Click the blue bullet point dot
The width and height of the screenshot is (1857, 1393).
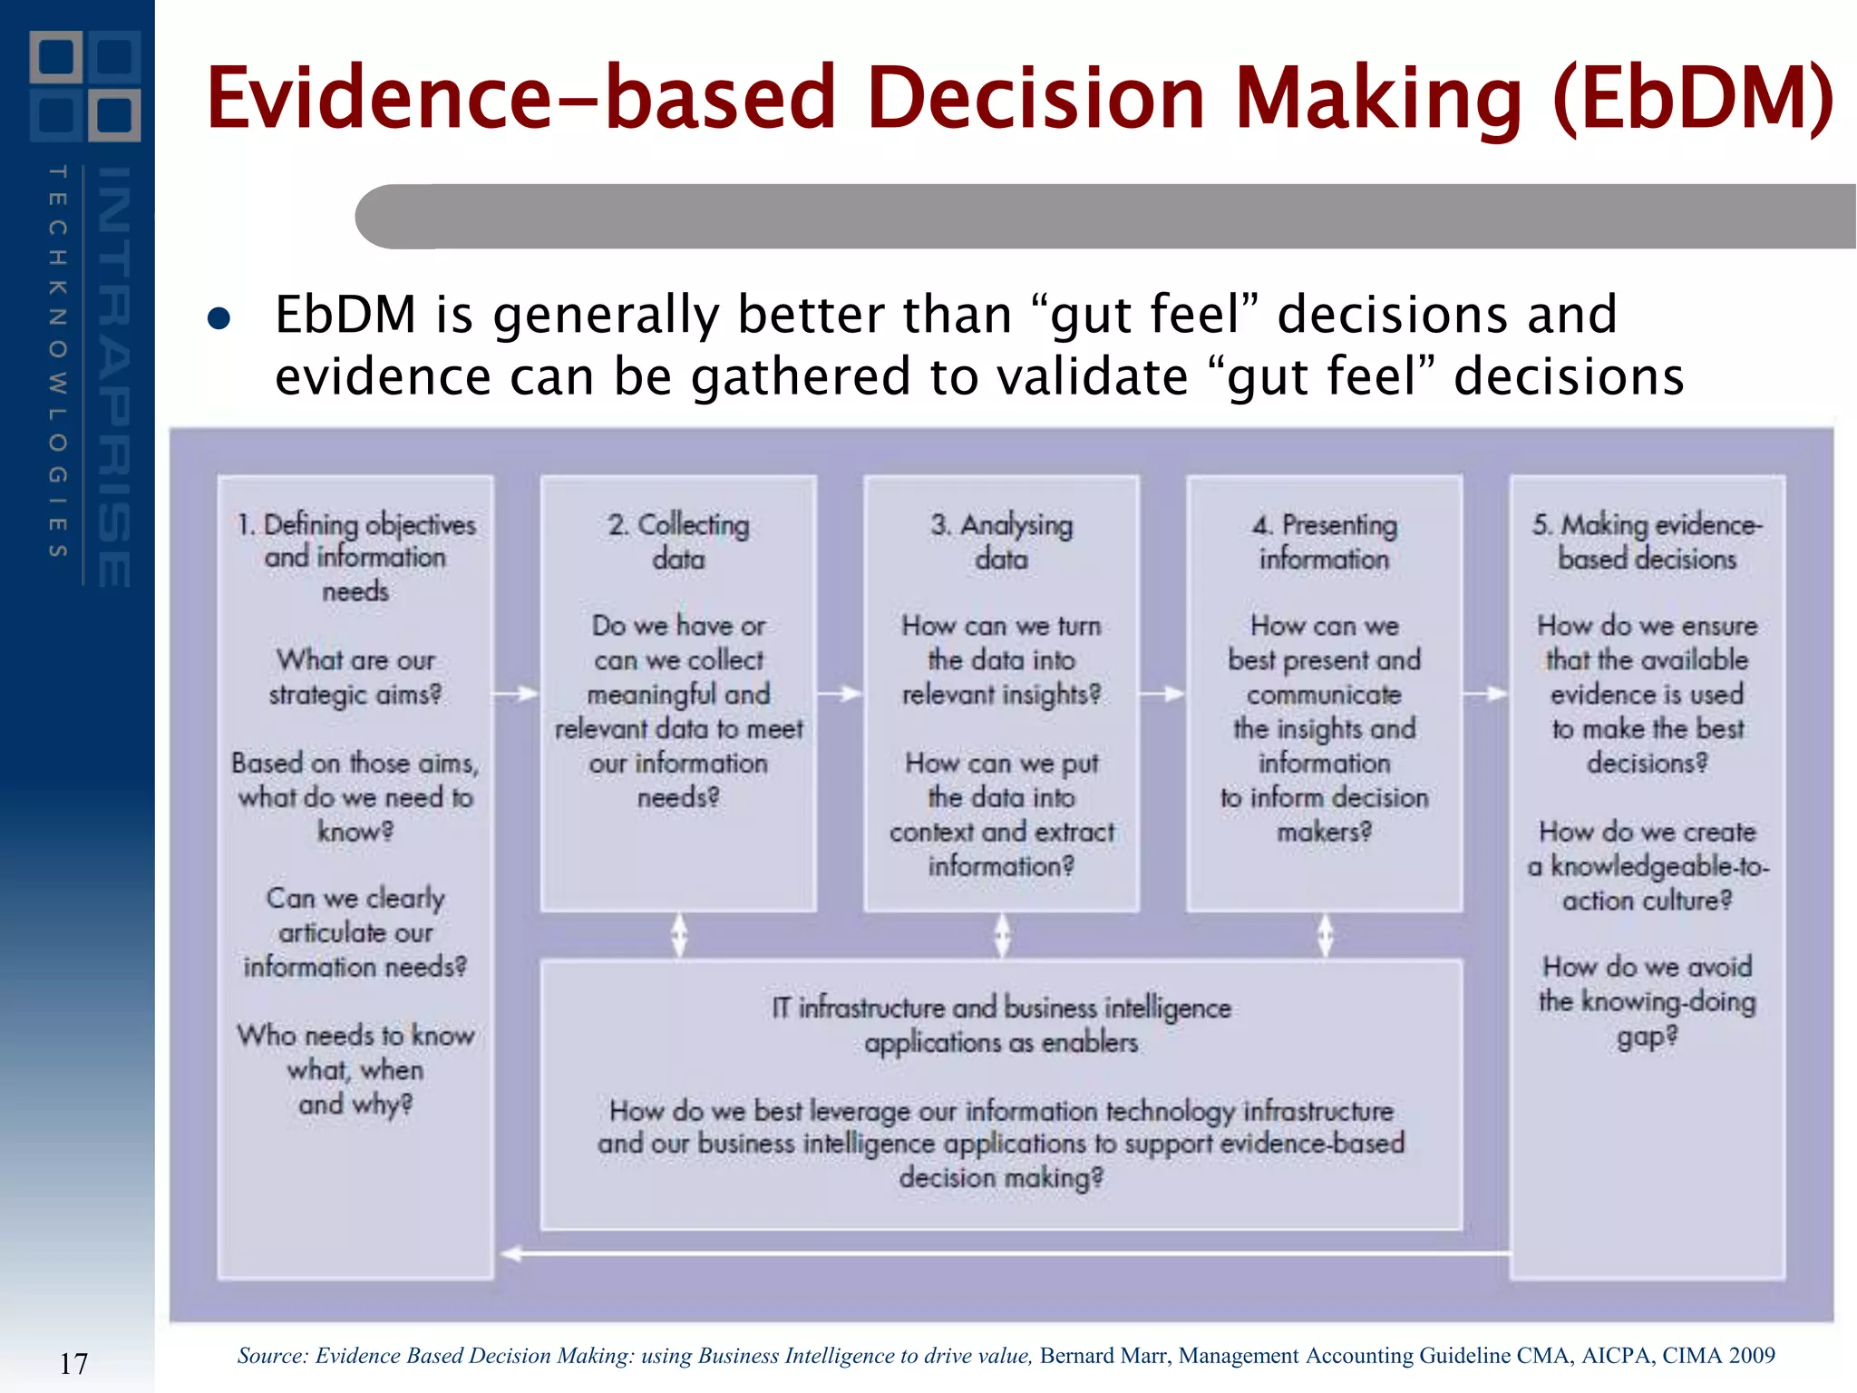tap(219, 318)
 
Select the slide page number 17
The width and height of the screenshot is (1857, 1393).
tap(73, 1363)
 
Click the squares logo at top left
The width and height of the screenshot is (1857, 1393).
tap(84, 86)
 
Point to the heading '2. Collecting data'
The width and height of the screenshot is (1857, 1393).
tap(678, 541)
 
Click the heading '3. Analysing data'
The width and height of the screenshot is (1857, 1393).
tap(1001, 541)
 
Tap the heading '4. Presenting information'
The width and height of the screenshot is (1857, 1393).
tap(1324, 541)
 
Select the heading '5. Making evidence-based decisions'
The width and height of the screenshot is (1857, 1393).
tap(1647, 541)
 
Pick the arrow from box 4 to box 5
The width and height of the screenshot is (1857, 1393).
tap(1485, 695)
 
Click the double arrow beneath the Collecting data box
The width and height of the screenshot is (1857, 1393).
tap(679, 935)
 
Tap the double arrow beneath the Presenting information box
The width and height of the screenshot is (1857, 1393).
tap(1325, 935)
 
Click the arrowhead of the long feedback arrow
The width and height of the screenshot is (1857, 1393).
tap(511, 1254)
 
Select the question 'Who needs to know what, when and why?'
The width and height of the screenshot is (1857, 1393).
tap(355, 1070)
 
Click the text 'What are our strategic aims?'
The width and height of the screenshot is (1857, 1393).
tap(355, 677)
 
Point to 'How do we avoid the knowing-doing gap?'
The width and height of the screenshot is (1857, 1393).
tap(1647, 1001)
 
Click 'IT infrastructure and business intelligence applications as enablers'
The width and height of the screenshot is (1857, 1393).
tap(1001, 1025)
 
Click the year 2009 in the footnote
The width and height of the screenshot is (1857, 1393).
tap(1751, 1356)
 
